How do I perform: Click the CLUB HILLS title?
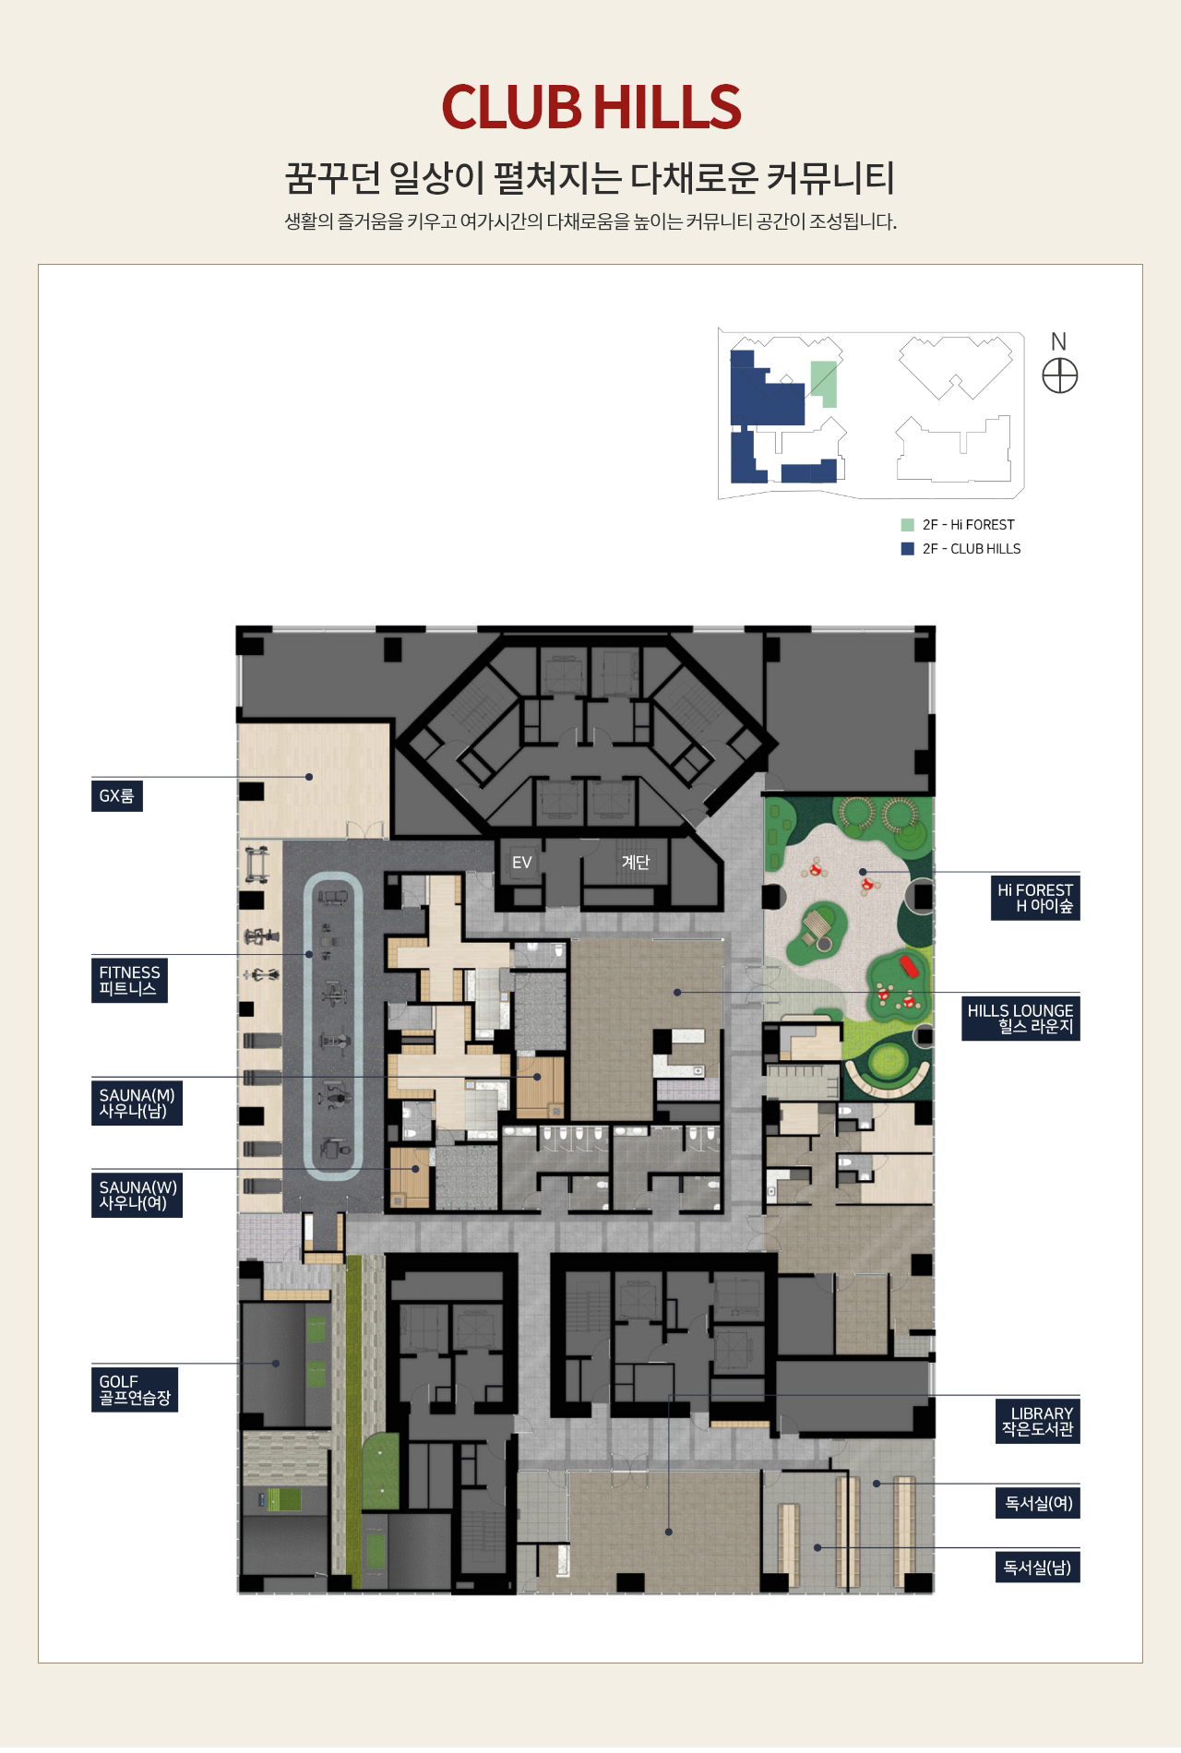(590, 107)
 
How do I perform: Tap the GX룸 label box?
(116, 796)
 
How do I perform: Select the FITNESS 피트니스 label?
(129, 980)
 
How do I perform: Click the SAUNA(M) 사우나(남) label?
(137, 1103)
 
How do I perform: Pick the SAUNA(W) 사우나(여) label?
(137, 1196)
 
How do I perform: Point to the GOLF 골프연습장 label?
(135, 1389)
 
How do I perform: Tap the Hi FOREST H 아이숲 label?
(1035, 898)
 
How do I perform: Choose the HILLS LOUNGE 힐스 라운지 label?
(1020, 1019)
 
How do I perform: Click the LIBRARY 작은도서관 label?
(1038, 1422)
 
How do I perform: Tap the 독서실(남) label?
(1038, 1568)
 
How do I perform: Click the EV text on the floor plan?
(522, 863)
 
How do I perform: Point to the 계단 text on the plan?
(636, 862)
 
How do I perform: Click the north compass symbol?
(1060, 376)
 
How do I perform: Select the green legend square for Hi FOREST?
(908, 525)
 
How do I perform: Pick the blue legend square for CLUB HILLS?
(908, 549)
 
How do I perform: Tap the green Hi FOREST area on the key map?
(824, 384)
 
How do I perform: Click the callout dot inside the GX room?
(309, 777)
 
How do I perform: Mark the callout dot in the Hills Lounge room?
(677, 993)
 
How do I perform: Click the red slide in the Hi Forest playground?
(910, 967)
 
